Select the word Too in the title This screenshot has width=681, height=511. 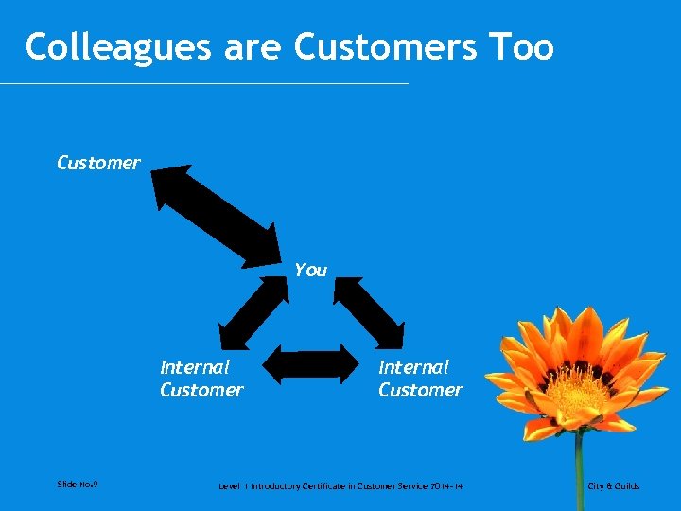tap(519, 47)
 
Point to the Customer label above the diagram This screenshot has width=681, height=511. tap(98, 163)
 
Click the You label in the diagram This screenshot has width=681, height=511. tap(310, 271)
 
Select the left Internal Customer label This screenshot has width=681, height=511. tap(201, 379)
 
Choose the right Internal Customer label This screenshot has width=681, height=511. tap(421, 379)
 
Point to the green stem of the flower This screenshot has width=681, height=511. tap(579, 468)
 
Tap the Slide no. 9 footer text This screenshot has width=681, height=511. tap(78, 485)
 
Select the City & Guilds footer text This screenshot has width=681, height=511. tap(613, 486)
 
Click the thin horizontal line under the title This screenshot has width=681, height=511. tap(204, 84)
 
